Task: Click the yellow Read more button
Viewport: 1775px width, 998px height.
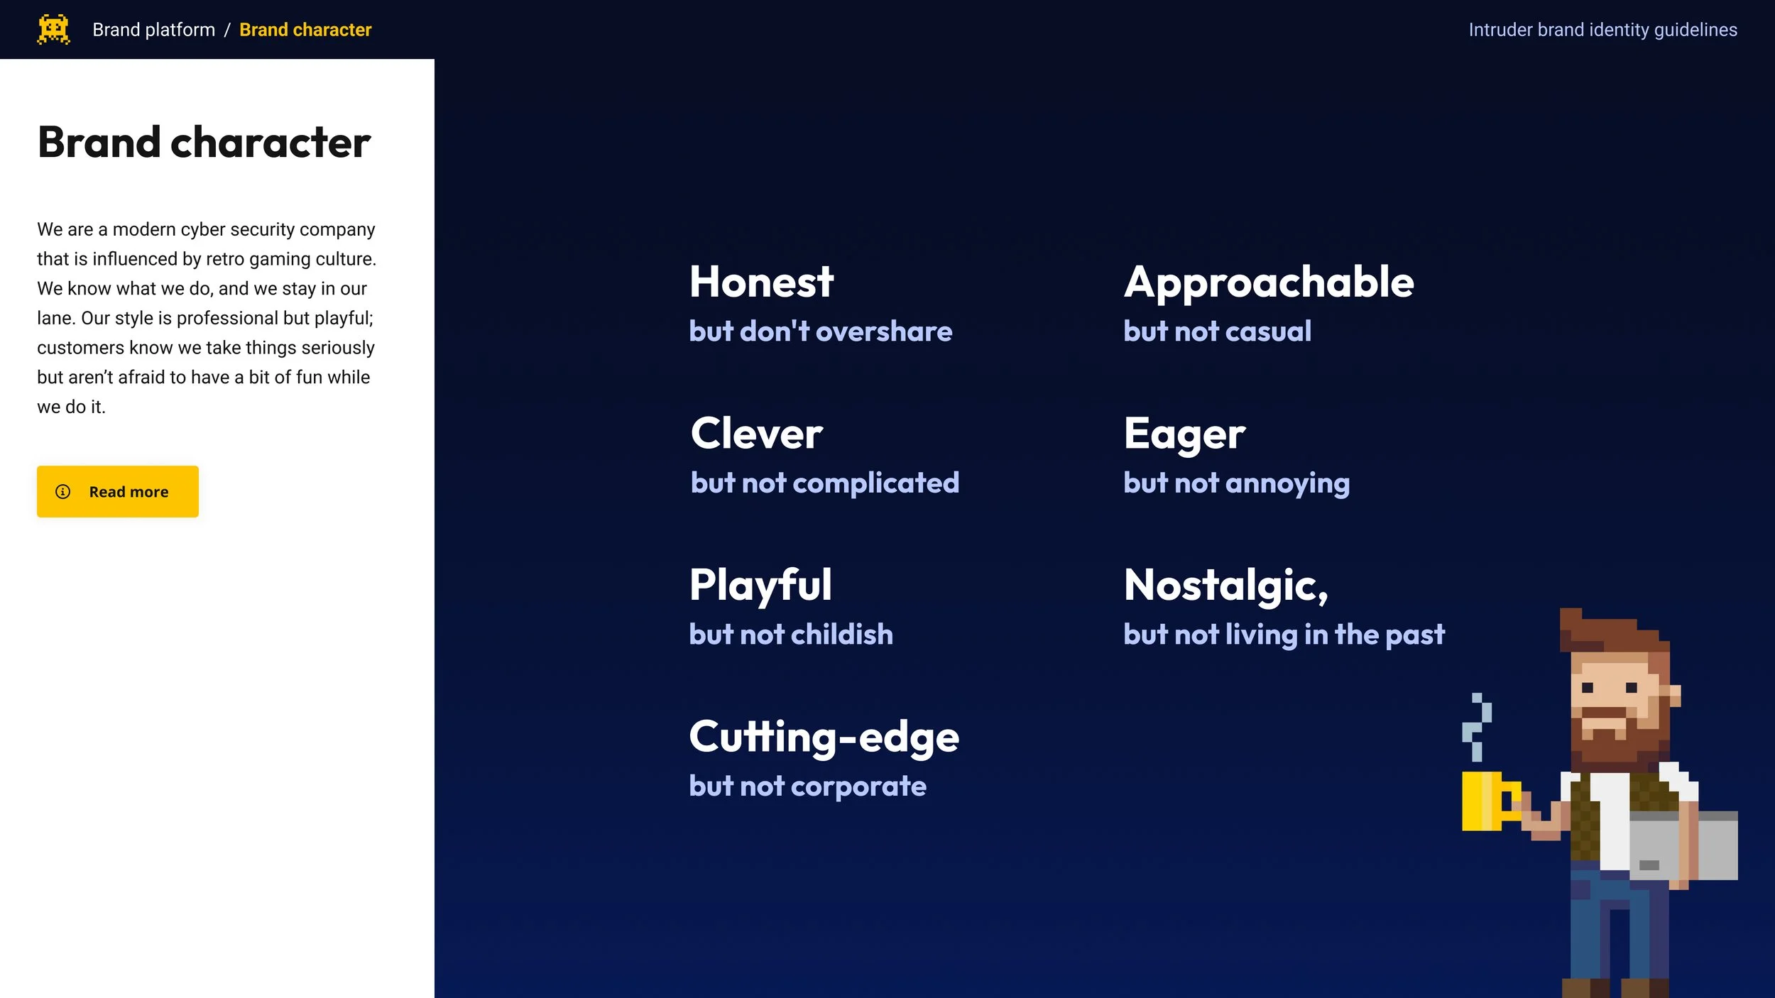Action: [118, 491]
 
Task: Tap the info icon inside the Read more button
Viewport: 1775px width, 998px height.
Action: [63, 491]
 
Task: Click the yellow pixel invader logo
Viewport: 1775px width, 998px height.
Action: [53, 29]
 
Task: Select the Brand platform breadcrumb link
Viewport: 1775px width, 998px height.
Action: [153, 30]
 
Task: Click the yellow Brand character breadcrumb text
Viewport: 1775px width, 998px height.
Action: [305, 30]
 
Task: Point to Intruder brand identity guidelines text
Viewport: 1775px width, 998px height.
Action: [1602, 30]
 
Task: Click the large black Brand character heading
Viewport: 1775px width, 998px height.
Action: [204, 142]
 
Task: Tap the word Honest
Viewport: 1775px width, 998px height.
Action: [761, 282]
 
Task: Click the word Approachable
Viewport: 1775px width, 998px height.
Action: [1268, 282]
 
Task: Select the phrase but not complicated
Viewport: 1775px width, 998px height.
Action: [824, 483]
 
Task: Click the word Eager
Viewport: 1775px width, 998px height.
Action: [1184, 434]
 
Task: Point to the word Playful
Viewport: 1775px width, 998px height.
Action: [760, 585]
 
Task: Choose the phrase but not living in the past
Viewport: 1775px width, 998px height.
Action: [1284, 634]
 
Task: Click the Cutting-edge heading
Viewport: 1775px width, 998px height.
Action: [824, 737]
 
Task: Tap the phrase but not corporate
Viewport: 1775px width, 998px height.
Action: [807, 786]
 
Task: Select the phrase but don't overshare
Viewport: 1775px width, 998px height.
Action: [820, 331]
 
